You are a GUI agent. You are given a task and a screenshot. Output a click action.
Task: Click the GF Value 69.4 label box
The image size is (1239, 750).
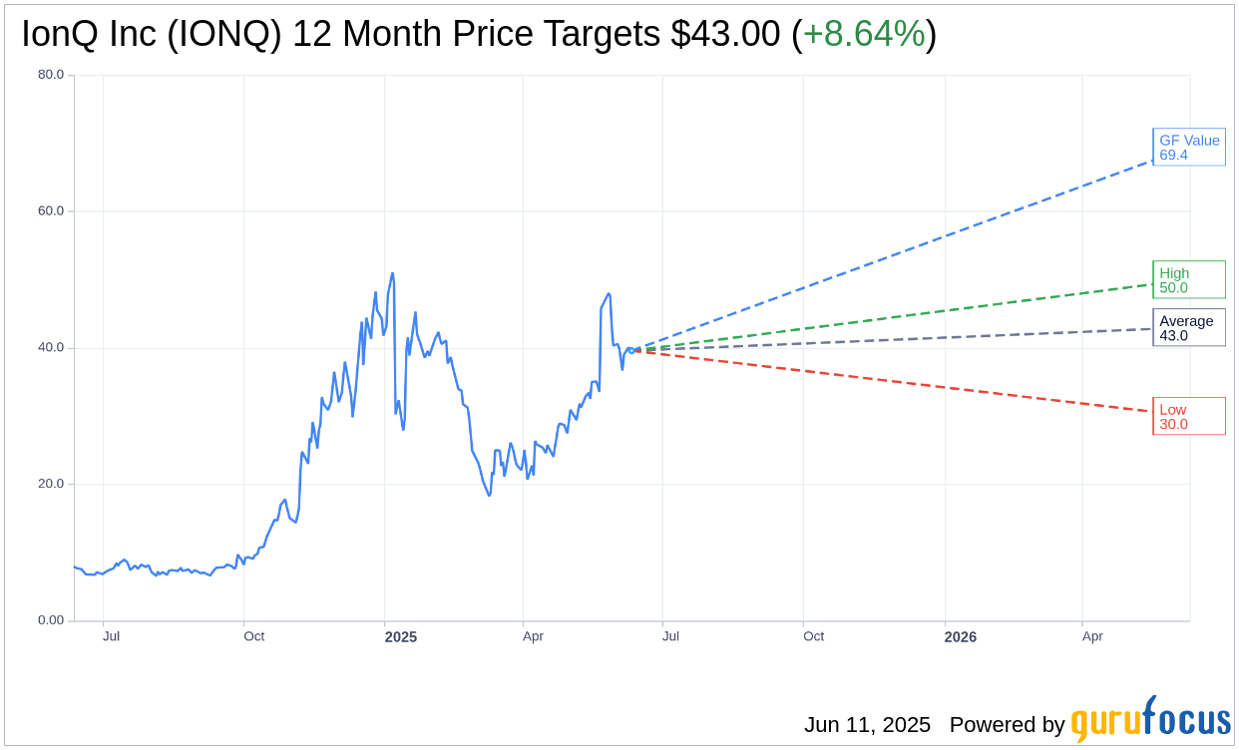point(1188,148)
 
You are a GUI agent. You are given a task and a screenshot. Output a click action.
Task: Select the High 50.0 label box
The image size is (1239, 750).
point(1188,280)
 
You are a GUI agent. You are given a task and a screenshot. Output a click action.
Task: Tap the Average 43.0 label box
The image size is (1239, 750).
point(1188,328)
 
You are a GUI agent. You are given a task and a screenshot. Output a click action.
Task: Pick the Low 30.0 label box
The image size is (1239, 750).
point(1188,417)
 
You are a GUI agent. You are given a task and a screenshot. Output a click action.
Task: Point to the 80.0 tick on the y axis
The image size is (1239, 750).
point(51,75)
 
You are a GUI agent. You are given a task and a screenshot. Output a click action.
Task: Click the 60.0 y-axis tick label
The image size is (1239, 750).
point(51,211)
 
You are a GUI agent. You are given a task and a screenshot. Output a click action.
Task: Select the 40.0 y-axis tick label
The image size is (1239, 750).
point(51,348)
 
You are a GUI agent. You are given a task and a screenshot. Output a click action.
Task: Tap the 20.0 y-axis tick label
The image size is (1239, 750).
point(51,484)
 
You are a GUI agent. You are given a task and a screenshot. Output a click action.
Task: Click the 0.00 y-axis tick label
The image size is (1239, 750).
point(51,620)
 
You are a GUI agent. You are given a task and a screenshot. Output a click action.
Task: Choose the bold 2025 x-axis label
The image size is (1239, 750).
point(401,637)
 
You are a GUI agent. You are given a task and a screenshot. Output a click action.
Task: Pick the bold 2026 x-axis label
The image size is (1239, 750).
point(961,637)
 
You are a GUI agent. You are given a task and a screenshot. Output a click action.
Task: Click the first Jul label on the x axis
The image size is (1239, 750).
point(111,636)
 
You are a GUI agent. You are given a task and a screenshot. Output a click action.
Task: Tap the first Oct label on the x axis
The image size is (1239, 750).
point(254,636)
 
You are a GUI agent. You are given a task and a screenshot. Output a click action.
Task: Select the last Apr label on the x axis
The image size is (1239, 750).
point(1092,636)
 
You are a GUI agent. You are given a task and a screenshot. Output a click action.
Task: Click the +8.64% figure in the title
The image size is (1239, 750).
point(864,34)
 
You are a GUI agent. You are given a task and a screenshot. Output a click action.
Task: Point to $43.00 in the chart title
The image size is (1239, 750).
point(725,34)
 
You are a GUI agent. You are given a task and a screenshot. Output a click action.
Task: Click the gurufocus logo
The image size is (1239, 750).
point(1150,720)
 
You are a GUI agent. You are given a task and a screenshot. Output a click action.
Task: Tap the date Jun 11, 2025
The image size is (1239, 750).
point(867,725)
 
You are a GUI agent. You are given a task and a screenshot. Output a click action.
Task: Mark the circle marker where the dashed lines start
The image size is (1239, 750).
point(631,350)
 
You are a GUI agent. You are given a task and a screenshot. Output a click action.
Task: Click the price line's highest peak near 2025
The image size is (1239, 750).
point(392,273)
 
